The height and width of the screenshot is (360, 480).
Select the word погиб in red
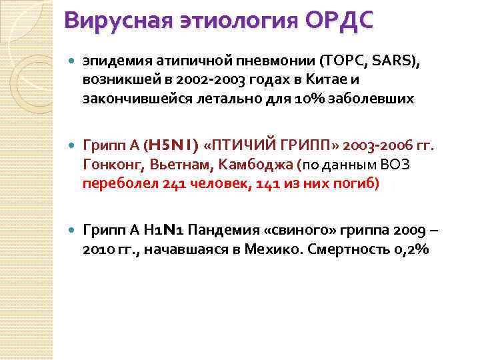click(358, 183)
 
